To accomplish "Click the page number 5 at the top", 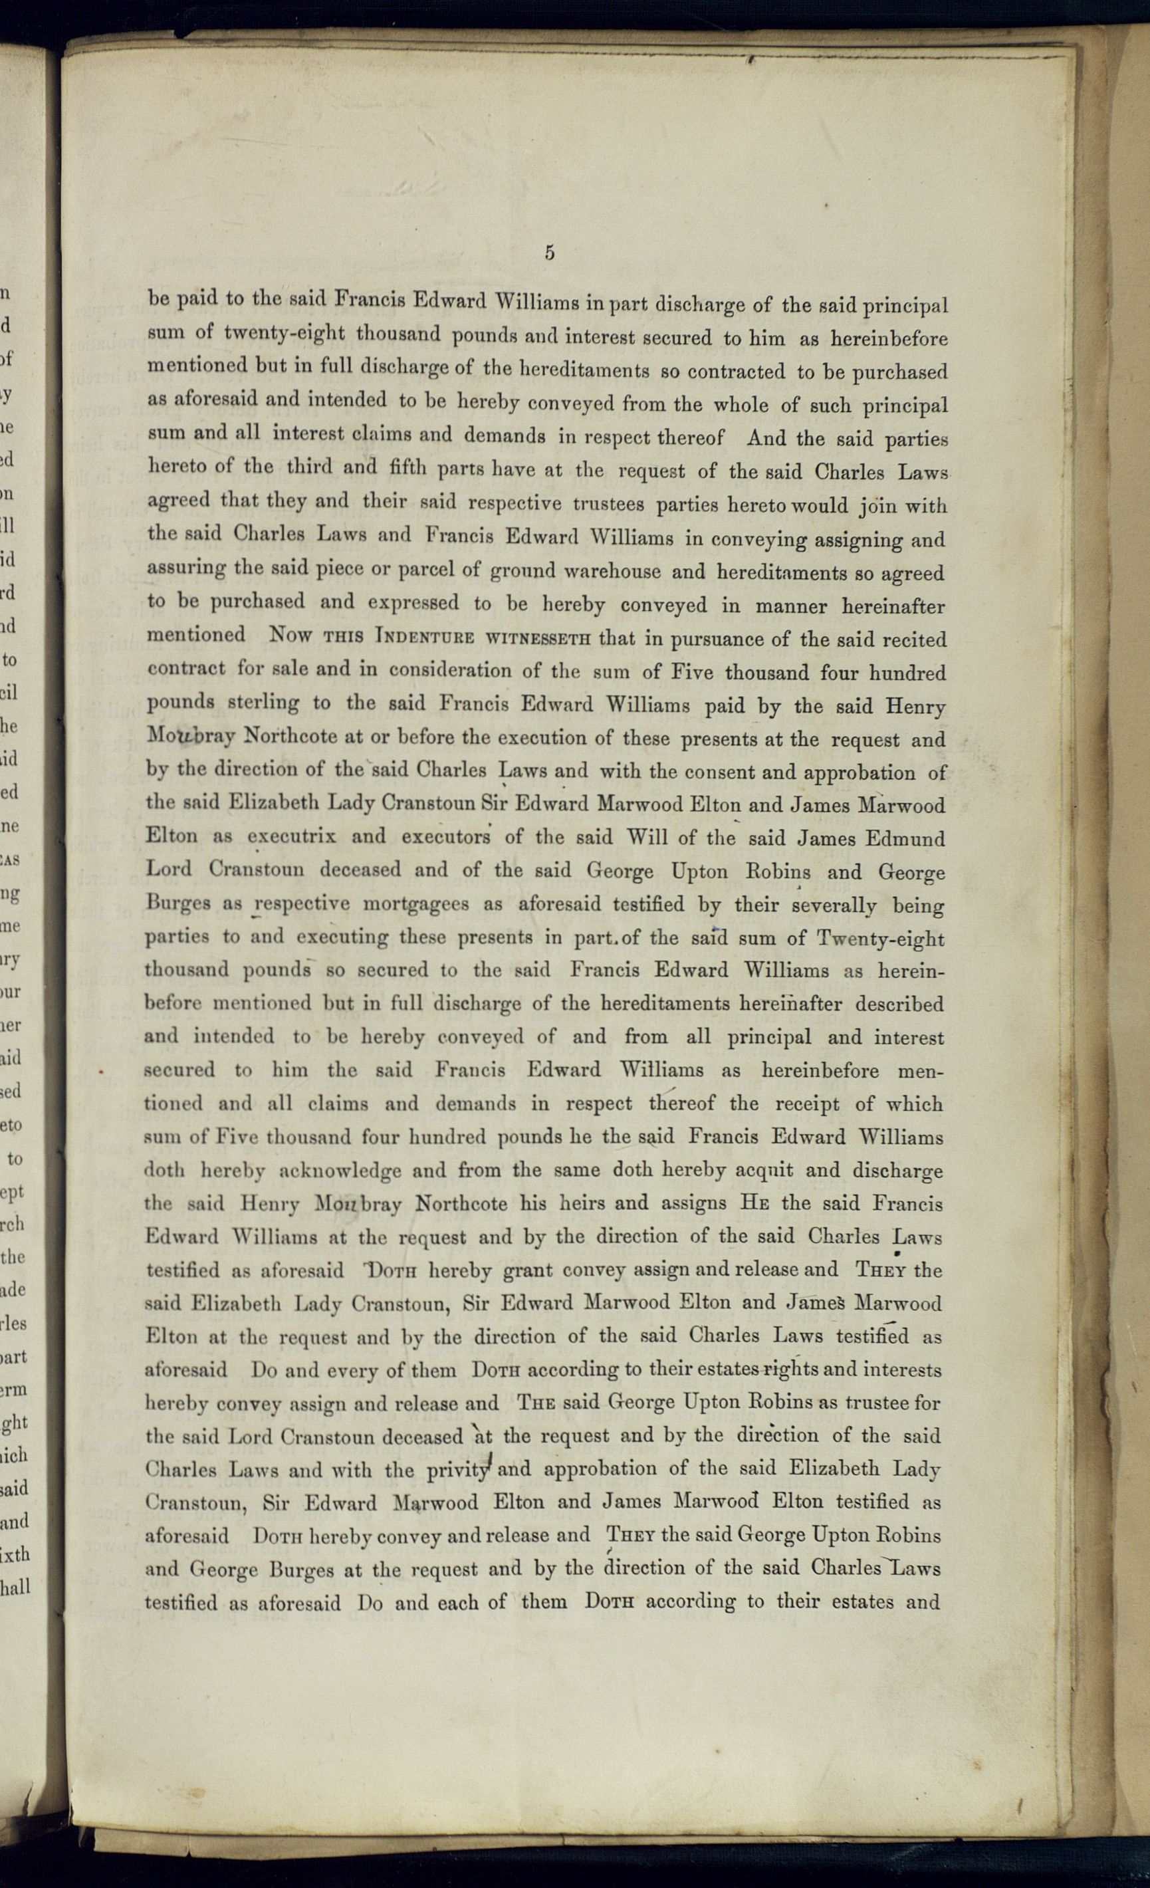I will click(x=549, y=253).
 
